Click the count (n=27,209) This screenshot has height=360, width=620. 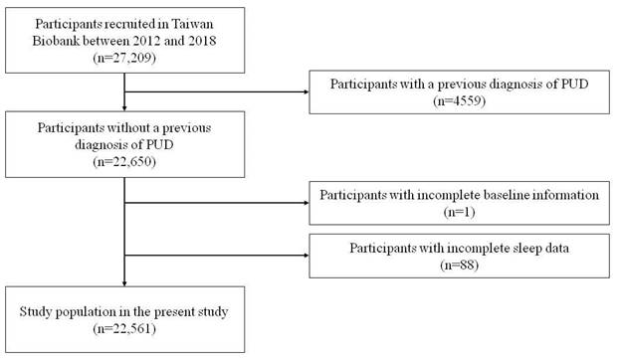[x=124, y=58]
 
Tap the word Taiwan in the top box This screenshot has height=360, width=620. [x=192, y=24]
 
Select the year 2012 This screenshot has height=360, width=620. [x=144, y=41]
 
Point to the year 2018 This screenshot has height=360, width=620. [x=200, y=41]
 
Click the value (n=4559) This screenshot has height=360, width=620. [x=459, y=100]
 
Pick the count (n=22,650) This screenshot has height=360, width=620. [x=124, y=162]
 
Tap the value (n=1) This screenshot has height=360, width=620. [x=459, y=212]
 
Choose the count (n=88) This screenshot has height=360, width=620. [x=459, y=265]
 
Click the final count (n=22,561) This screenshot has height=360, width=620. [x=124, y=328]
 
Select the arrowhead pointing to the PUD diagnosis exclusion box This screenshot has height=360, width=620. [x=307, y=92]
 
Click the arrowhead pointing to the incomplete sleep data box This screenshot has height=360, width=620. [x=307, y=256]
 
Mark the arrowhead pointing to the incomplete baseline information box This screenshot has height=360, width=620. [x=307, y=203]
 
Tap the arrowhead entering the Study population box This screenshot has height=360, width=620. [x=124, y=283]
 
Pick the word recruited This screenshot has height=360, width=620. [x=129, y=24]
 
